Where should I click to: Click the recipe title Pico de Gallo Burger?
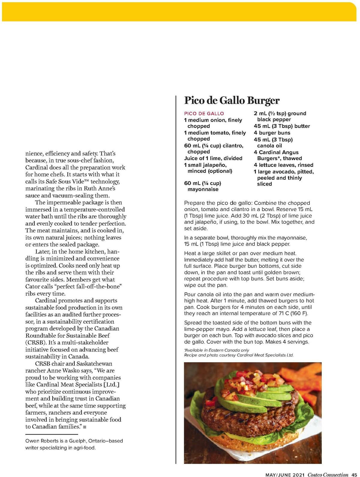(x=232, y=100)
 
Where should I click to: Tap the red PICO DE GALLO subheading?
(x=204, y=114)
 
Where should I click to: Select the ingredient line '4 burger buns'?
(x=272, y=133)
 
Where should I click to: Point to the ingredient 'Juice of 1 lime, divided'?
(x=213, y=158)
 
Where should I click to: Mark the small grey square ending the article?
(x=85, y=427)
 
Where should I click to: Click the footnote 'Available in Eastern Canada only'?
(x=217, y=350)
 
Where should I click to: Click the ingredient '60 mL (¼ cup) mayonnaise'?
(x=202, y=186)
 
